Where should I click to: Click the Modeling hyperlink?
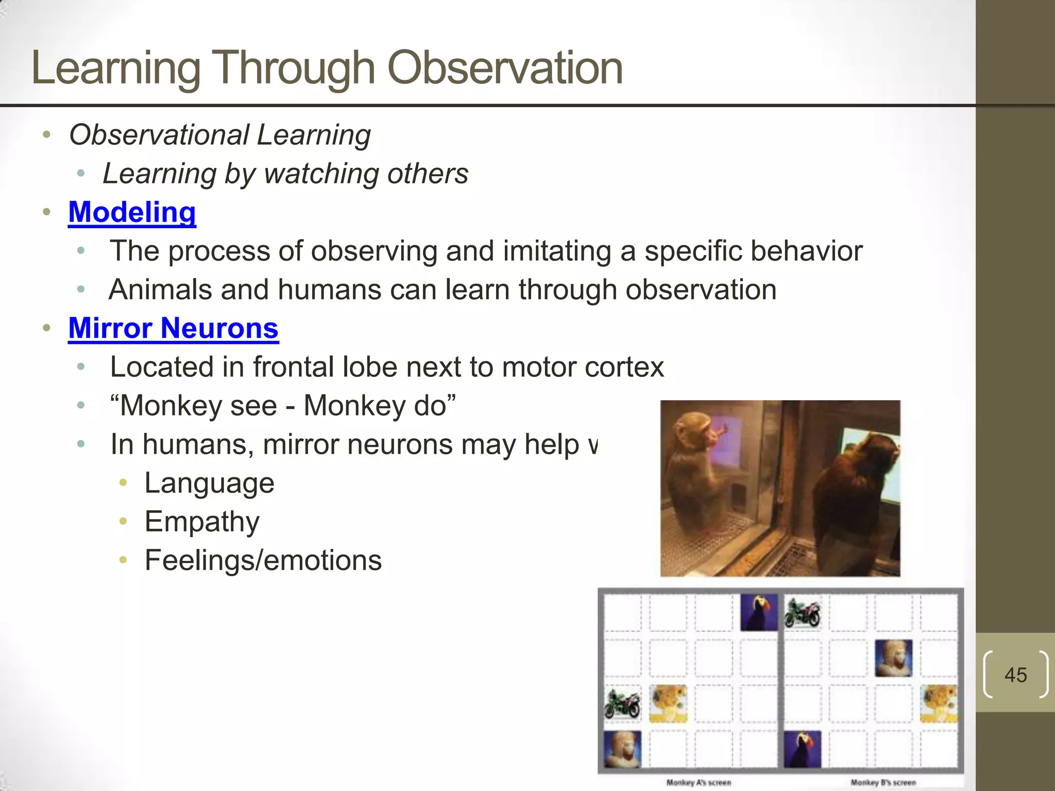click(x=132, y=212)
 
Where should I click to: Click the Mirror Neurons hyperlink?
click(x=173, y=328)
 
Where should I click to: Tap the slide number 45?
click(x=1015, y=675)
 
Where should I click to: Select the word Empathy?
click(x=202, y=522)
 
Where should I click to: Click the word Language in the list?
click(x=209, y=483)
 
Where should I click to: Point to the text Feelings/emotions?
click(x=263, y=560)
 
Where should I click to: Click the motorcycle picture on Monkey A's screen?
click(x=622, y=704)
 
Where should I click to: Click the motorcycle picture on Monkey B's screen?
click(x=803, y=613)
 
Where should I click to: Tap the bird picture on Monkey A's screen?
click(x=759, y=612)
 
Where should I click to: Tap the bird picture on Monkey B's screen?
click(x=803, y=749)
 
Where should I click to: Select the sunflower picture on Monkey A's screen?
click(x=668, y=703)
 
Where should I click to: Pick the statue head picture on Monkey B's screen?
click(x=893, y=658)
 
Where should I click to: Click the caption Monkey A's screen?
click(x=699, y=782)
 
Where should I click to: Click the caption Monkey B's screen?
click(x=883, y=782)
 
